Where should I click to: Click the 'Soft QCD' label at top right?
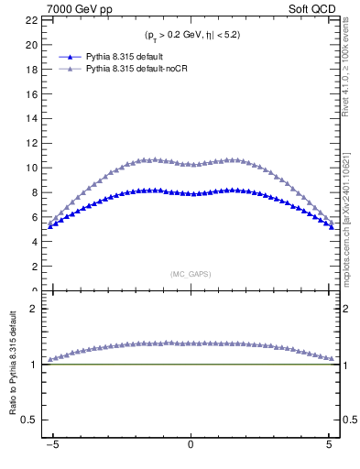tap(315, 7)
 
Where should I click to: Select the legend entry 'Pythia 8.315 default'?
tap(123, 57)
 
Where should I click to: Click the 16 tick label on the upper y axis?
tap(32, 93)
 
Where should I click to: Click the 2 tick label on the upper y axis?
tap(35, 267)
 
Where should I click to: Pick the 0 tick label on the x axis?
tap(191, 444)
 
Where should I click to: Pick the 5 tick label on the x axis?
tap(329, 444)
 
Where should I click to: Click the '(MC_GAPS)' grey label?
tap(191, 274)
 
